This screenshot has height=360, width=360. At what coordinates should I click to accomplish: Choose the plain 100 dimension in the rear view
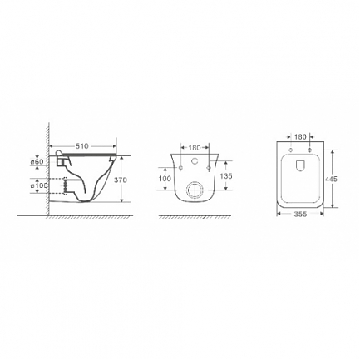pos(164,178)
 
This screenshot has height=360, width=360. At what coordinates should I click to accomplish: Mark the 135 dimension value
pos(224,175)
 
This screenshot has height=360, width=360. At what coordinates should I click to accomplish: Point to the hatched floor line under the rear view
pos(193,217)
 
